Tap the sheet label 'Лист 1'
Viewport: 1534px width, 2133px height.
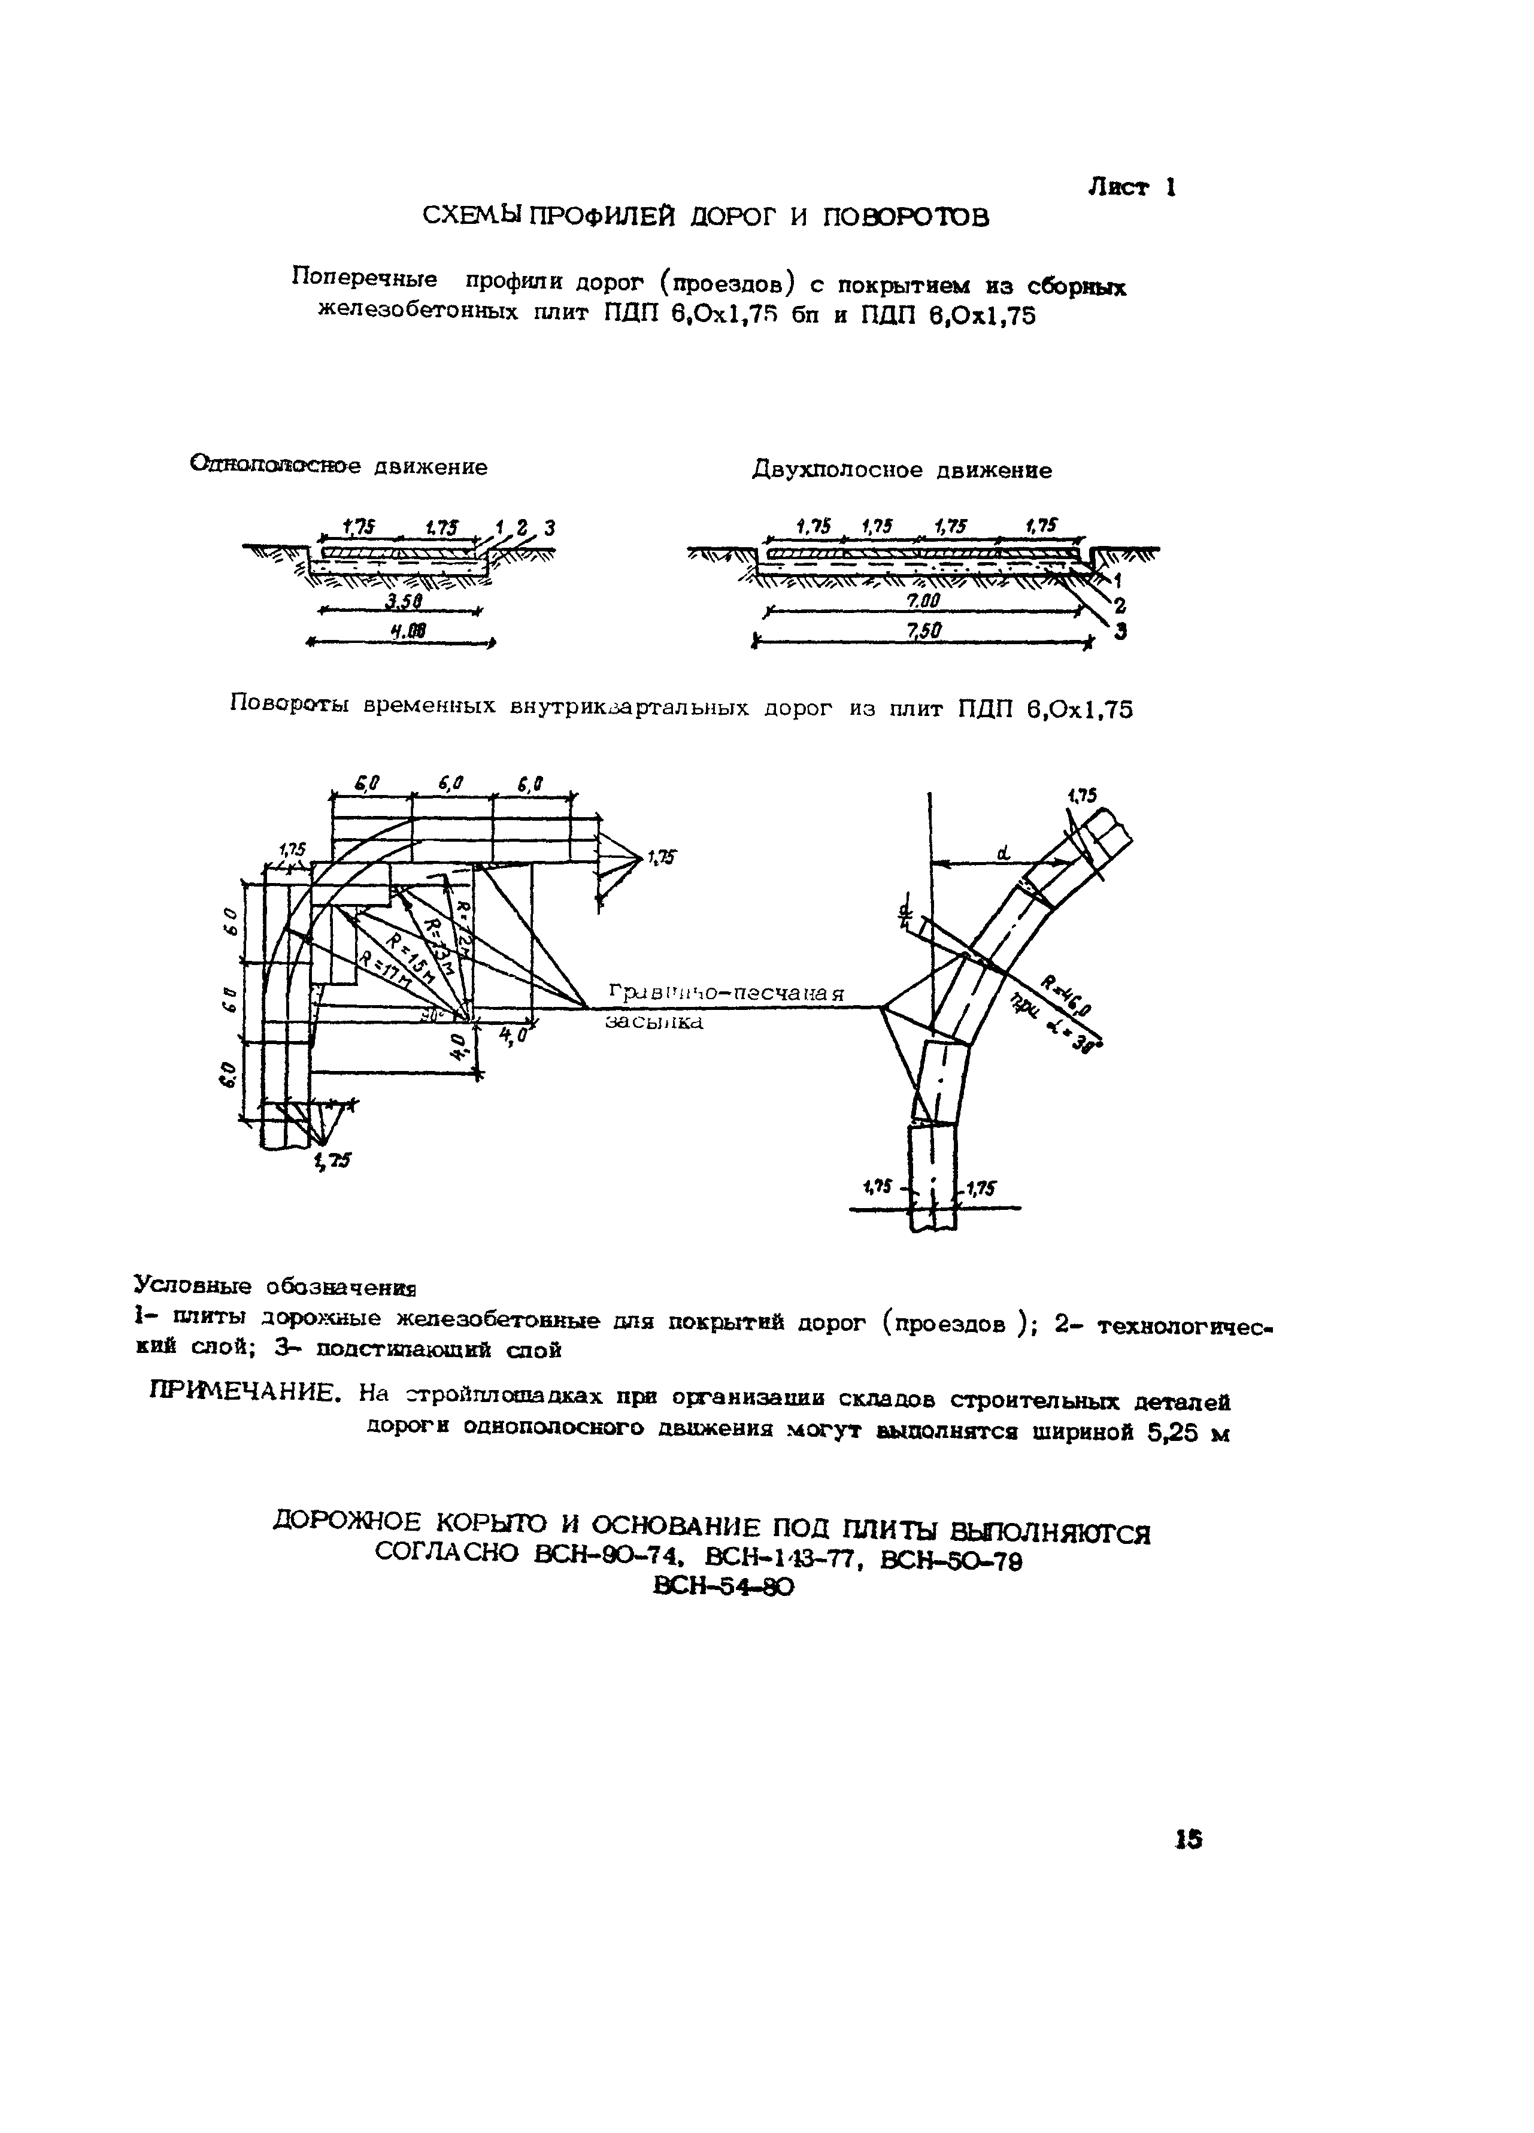[1132, 187]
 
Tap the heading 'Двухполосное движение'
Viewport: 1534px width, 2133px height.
[901, 470]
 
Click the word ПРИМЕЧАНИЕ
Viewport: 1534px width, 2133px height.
[244, 1394]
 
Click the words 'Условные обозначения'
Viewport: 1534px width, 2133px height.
[275, 1285]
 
